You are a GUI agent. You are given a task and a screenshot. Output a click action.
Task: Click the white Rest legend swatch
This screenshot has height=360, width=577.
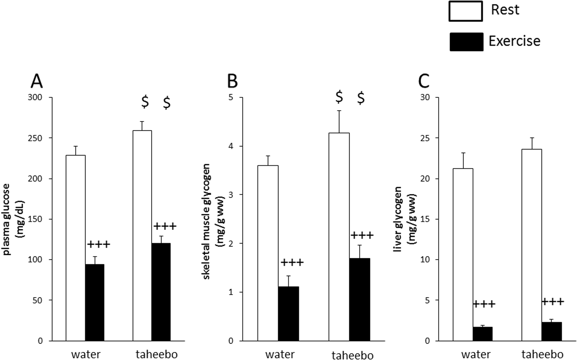point(465,11)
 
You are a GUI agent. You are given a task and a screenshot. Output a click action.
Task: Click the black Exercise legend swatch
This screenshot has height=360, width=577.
point(466,42)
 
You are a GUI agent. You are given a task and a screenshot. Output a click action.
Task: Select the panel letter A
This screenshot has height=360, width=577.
point(37,82)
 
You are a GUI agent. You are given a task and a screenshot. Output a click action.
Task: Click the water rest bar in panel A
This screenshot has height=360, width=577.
point(76,248)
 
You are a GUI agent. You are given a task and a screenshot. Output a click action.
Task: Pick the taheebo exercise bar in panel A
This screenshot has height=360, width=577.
point(161,292)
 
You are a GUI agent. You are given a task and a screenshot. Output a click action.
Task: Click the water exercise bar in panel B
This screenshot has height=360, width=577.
point(288,314)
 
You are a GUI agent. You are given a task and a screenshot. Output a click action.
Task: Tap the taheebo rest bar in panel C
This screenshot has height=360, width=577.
point(532,245)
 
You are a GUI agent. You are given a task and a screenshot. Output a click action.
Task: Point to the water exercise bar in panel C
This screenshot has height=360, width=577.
point(483,334)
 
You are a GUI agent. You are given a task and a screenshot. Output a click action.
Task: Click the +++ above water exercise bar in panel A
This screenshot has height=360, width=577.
point(99,244)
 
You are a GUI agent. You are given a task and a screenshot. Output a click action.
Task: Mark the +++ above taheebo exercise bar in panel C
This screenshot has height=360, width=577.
point(553,302)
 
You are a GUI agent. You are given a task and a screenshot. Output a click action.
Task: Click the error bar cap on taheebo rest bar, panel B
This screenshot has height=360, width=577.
point(339,111)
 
